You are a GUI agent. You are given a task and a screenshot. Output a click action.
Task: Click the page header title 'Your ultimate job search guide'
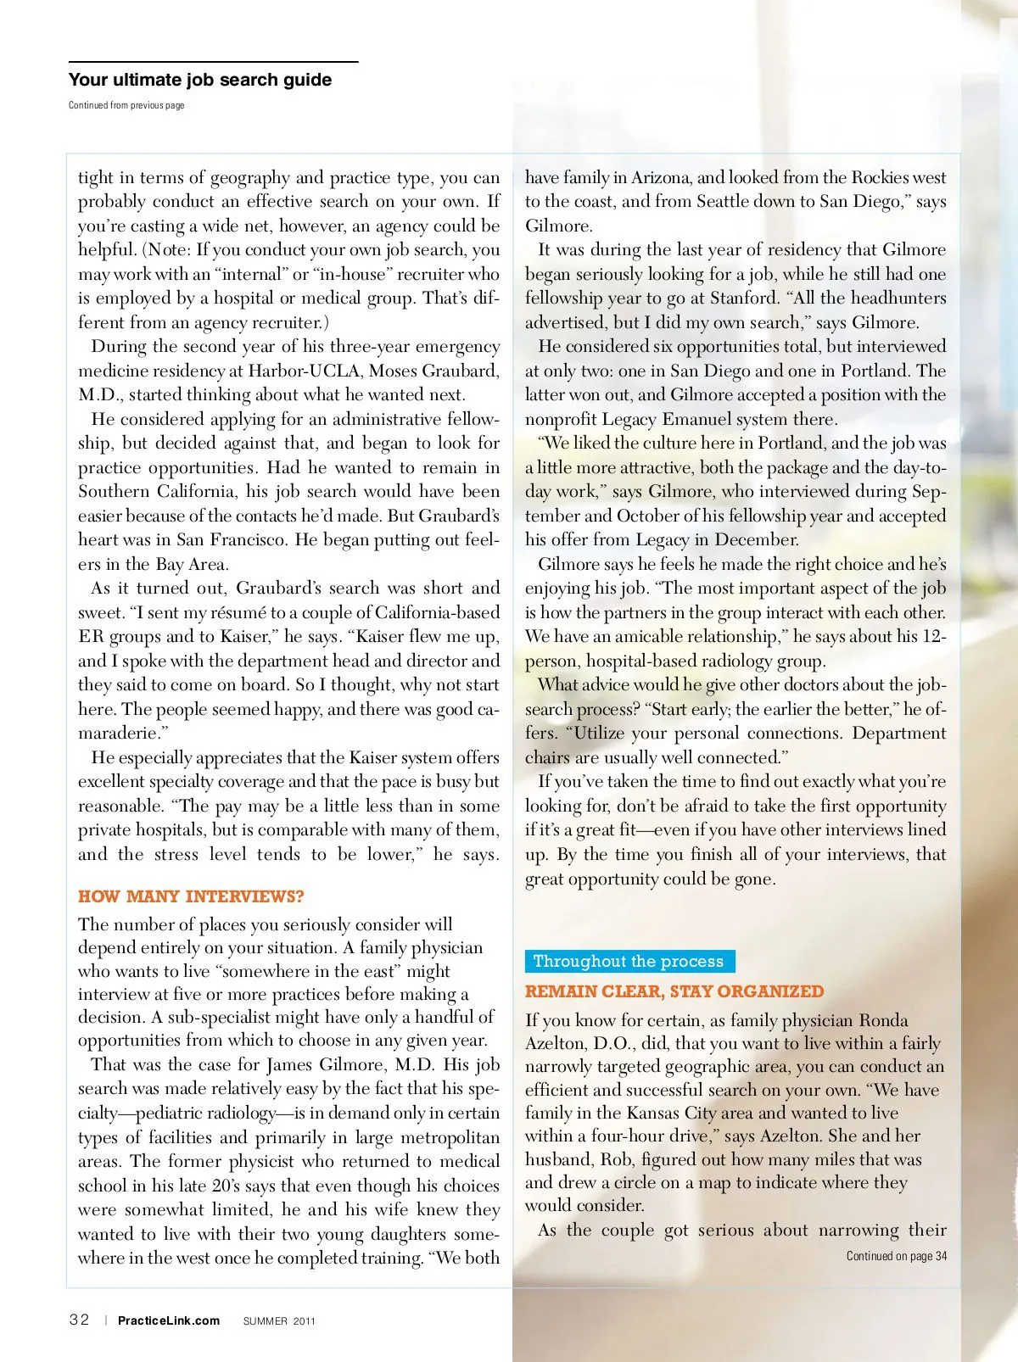coord(200,80)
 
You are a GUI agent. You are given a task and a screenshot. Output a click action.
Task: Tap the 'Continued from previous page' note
coord(126,105)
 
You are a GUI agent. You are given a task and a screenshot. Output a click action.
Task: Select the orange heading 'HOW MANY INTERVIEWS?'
coord(191,896)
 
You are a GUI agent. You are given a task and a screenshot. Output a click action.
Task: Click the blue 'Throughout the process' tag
coord(629,961)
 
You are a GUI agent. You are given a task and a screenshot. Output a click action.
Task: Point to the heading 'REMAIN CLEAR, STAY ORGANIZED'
coord(674,991)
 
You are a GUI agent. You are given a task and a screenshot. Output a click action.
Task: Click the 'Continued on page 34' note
coord(896,1256)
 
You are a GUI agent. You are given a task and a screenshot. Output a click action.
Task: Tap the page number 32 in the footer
coord(79,1320)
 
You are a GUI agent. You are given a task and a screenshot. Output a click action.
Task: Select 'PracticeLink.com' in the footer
coord(169,1320)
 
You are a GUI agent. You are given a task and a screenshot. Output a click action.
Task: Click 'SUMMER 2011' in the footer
coord(279,1321)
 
